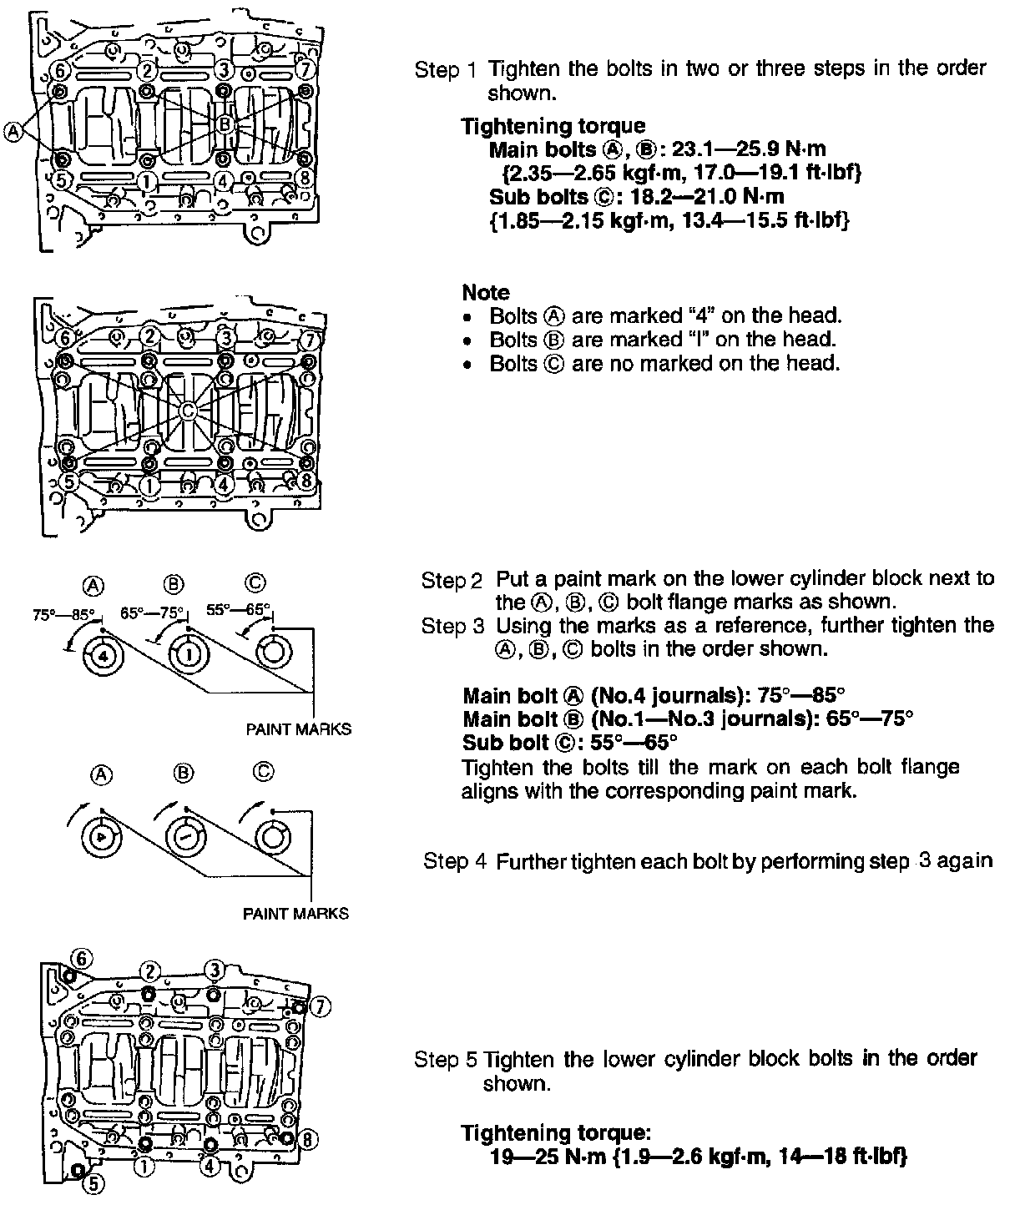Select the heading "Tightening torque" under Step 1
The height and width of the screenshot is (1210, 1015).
553,126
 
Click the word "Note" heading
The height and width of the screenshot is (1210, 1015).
485,292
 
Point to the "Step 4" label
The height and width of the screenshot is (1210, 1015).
455,861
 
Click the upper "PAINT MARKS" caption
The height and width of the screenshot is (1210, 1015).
298,729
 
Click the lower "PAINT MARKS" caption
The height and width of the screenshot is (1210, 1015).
295,913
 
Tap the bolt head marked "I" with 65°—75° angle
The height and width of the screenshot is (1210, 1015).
187,655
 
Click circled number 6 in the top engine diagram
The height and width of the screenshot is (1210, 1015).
59,68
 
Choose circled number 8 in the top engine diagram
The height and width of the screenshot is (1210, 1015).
306,178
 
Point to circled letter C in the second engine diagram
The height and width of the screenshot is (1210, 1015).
188,410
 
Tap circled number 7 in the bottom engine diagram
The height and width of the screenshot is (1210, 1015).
319,1007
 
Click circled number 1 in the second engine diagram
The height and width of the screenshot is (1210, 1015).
149,483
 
